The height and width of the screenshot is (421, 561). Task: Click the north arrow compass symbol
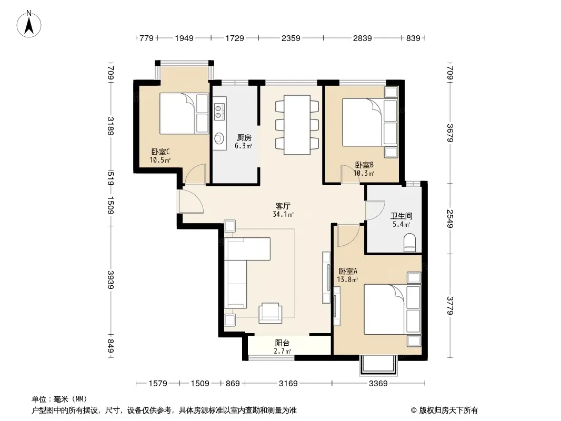[x=29, y=24]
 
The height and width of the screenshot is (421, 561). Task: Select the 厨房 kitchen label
[x=244, y=138]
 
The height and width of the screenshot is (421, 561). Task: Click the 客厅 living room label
[x=283, y=206]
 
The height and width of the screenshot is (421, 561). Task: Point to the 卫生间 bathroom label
[x=401, y=216]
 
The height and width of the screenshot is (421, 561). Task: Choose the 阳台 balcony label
[x=282, y=343]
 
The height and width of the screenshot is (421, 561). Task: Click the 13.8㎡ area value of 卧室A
[x=347, y=280]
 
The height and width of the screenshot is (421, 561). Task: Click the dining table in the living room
[x=297, y=125]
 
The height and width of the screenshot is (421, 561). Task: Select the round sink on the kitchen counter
[x=219, y=138]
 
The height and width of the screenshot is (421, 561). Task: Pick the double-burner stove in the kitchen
[x=218, y=111]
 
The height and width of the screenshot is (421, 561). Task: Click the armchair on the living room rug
[x=270, y=313]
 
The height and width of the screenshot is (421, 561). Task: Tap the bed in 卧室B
[x=370, y=122]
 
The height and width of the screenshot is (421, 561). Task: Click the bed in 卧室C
[x=184, y=113]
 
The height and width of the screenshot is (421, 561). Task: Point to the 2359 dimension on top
[x=290, y=38]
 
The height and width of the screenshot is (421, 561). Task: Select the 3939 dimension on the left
[x=111, y=280]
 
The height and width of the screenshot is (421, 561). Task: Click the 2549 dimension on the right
[x=450, y=218]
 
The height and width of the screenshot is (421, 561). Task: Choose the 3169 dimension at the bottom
[x=288, y=384]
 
